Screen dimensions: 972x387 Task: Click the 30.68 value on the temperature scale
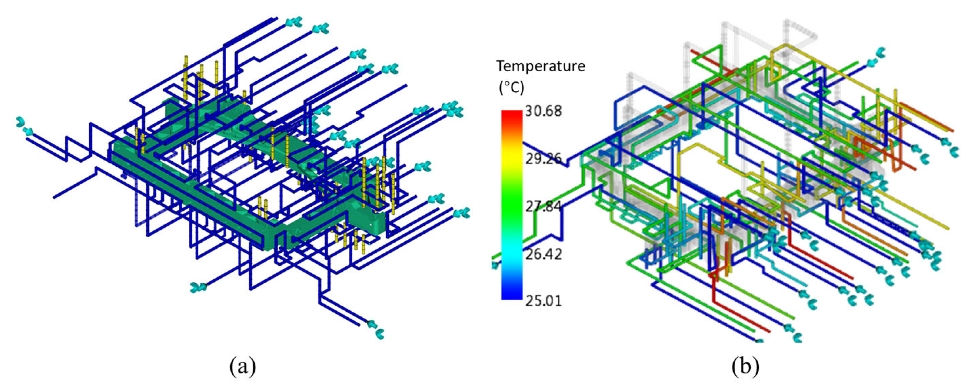pos(543,111)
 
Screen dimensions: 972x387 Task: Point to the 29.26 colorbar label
pos(543,159)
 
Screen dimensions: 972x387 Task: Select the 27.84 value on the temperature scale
pos(543,206)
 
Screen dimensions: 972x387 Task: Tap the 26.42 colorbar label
pos(543,254)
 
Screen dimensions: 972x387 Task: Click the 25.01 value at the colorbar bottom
pos(543,301)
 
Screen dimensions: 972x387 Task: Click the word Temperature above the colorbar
pos(541,66)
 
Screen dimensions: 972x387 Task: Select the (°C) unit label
pos(511,88)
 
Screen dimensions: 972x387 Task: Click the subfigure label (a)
pos(242,366)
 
